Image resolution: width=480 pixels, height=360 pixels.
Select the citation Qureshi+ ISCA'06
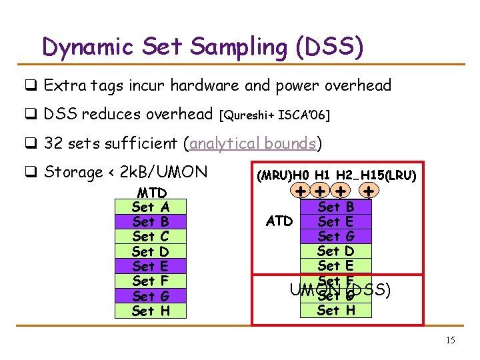tap(274, 115)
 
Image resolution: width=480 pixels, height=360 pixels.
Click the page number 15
tap(451, 340)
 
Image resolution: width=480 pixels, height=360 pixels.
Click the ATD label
tap(279, 221)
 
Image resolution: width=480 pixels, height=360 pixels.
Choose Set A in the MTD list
tap(151, 207)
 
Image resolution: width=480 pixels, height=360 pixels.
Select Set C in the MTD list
tap(151, 237)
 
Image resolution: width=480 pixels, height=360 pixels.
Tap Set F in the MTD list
tap(151, 281)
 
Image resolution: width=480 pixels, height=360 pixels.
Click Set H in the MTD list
tap(151, 311)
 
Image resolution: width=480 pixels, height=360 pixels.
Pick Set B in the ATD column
tap(336, 207)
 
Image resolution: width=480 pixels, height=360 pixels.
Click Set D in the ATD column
tap(336, 251)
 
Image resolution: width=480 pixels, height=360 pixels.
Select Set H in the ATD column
tap(336, 310)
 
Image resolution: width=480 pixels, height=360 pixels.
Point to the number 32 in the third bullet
tap(52, 143)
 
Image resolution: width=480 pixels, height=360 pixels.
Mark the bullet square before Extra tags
tap(31, 86)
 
